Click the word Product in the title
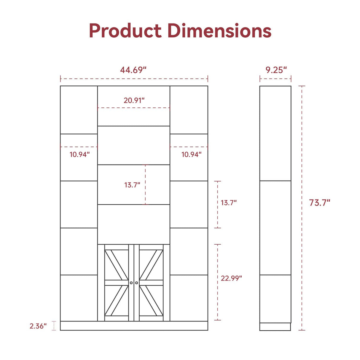pos(125,31)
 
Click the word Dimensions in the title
pos(219,31)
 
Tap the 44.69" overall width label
pos(133,70)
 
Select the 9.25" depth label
pos(276,70)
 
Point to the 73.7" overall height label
pos(319,203)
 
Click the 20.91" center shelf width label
pos(134,100)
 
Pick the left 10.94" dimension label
pos(79,154)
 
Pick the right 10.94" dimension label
pos(191,154)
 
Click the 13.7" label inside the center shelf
pos(132,185)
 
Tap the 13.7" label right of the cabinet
pos(229,203)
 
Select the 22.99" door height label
pos(231,278)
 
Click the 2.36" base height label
pos(38,326)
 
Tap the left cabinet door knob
pos(131,283)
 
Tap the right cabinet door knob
pos(137,283)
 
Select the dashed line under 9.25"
pos(275,79)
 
